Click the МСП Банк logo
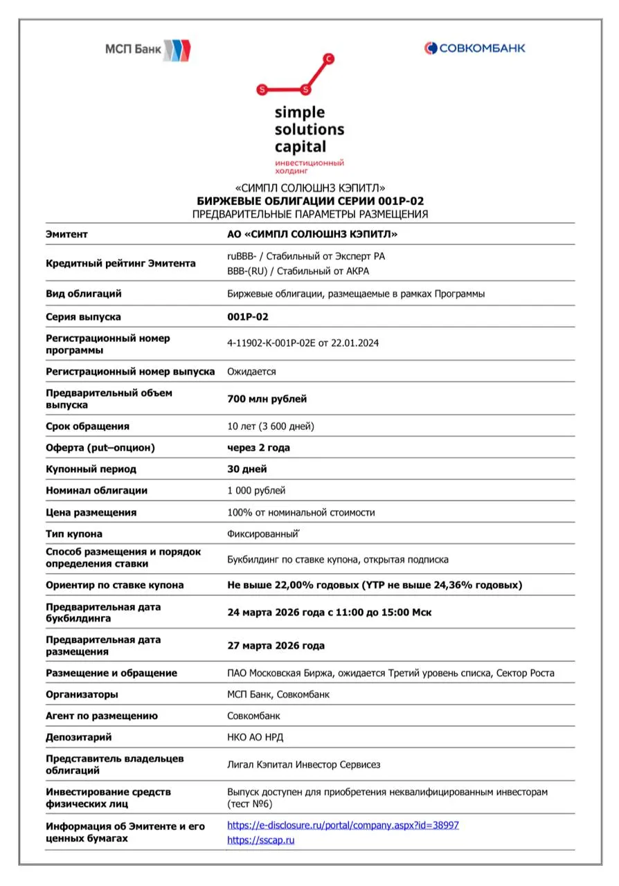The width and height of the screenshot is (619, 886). coord(147,50)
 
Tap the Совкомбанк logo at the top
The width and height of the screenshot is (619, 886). coord(474,48)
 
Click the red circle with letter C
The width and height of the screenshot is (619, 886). coord(329,59)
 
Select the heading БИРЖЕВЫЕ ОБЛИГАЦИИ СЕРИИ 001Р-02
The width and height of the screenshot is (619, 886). coord(310,201)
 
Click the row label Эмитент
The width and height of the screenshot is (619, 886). coord(66,234)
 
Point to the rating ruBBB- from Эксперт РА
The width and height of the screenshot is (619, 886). coord(306,256)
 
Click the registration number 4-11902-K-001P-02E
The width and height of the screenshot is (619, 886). coord(303,343)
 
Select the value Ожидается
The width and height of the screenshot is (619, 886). coord(251,372)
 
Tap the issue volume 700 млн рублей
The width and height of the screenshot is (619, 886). coord(267,399)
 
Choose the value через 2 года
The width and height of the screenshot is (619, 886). coord(258,448)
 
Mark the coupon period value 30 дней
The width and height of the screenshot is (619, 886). coord(247,469)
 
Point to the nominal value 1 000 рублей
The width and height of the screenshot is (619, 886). coord(256,491)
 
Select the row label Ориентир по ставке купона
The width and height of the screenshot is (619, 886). coord(114,585)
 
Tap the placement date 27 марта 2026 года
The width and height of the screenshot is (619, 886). coord(276,646)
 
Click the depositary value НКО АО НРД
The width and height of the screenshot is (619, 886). coord(255,737)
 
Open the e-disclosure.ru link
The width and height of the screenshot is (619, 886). coord(343,825)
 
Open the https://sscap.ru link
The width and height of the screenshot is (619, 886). coord(261,840)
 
